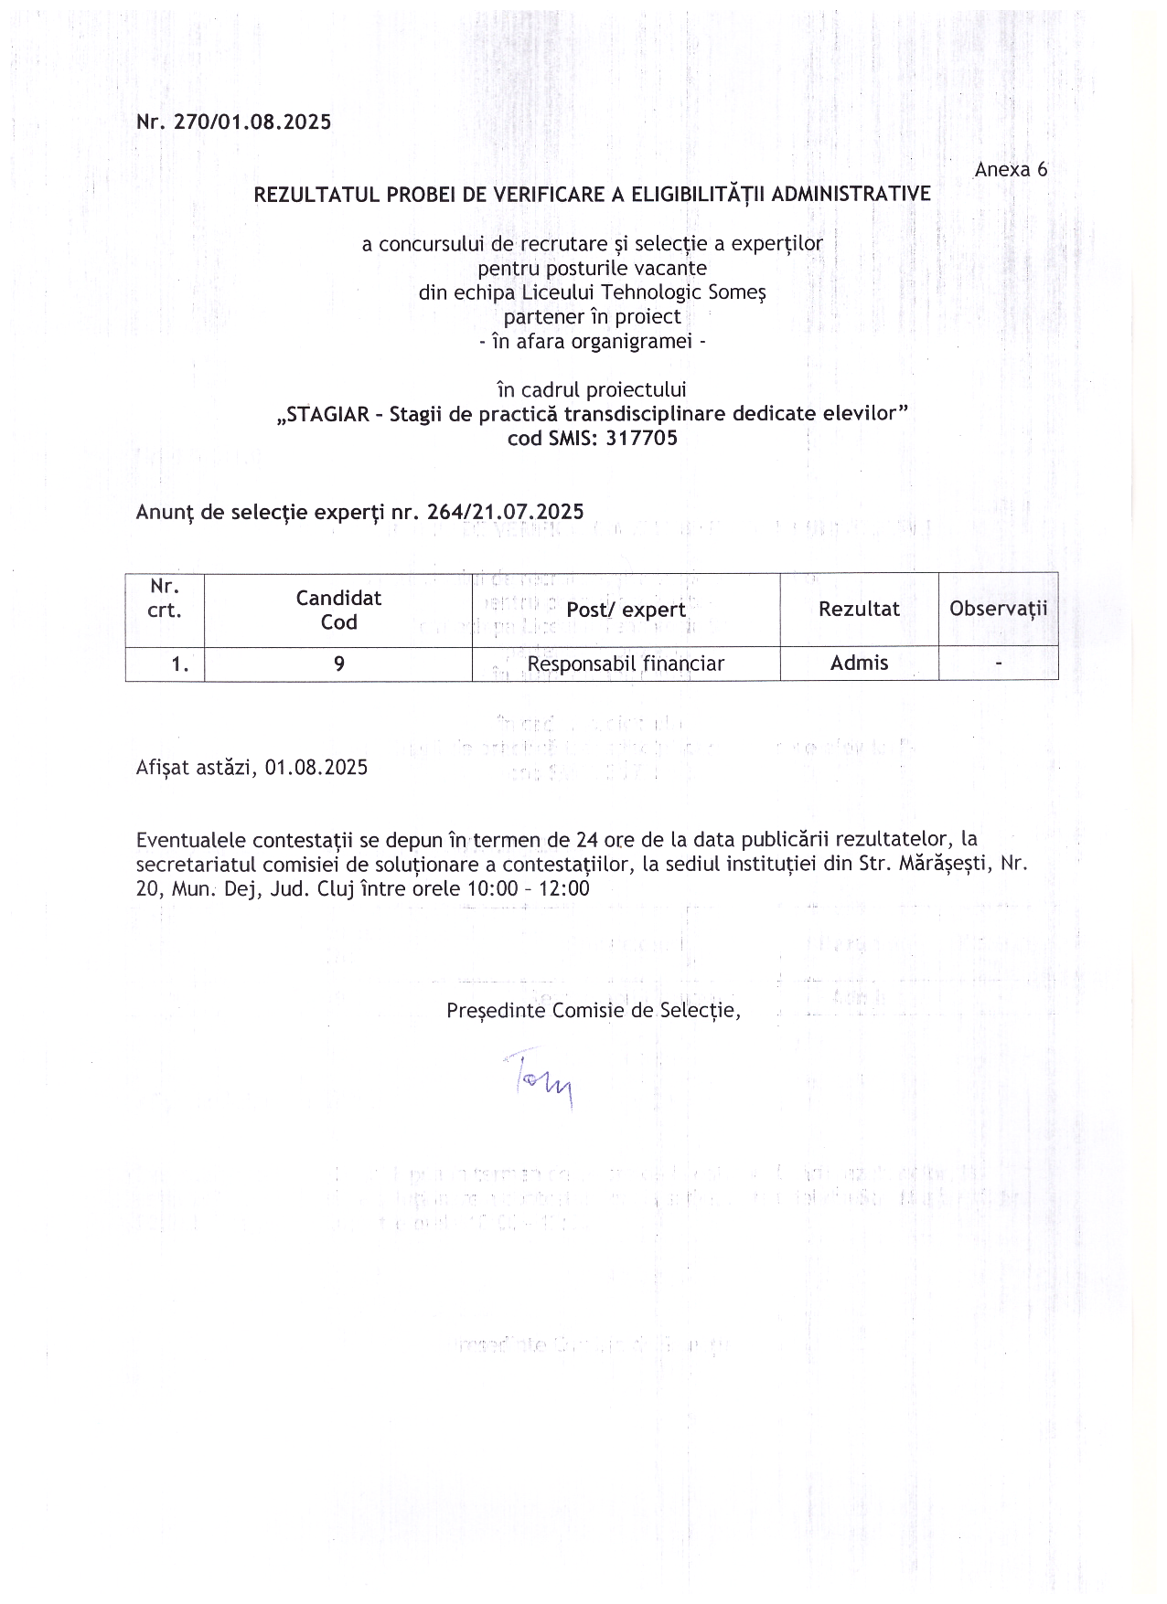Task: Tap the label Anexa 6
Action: coord(1011,169)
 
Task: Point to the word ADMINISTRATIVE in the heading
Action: coord(851,194)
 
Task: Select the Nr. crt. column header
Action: coord(165,599)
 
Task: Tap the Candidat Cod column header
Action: coord(338,610)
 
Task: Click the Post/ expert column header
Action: coord(626,610)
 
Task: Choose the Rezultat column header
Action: coord(859,609)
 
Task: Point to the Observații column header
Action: coord(998,609)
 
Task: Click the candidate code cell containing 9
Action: coord(338,664)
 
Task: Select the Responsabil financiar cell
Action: coord(626,664)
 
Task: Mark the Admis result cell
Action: coord(859,664)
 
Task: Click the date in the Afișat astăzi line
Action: coord(316,768)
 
